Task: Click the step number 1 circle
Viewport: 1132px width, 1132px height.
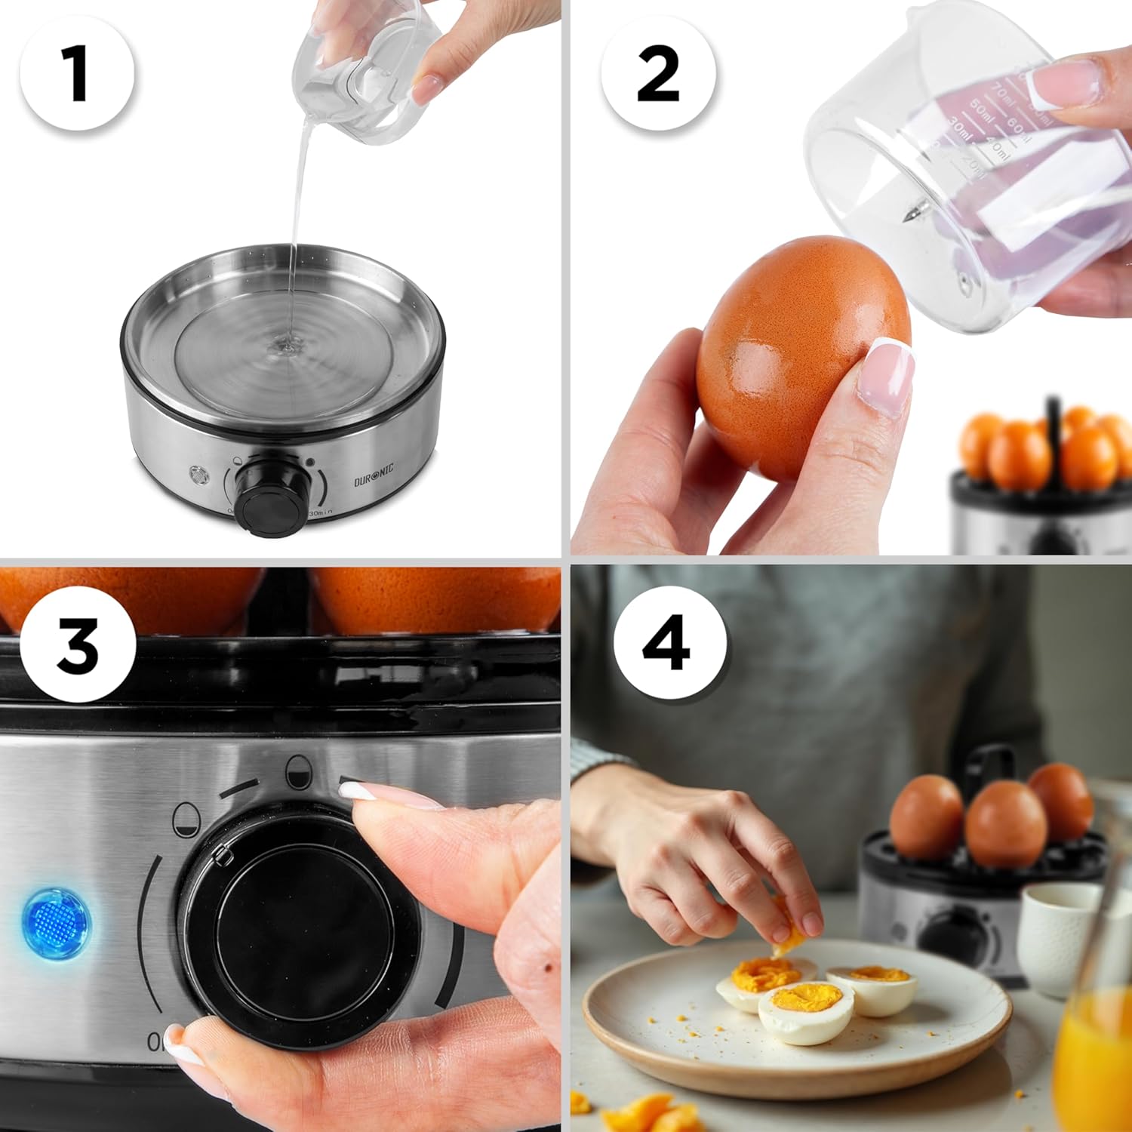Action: pyautogui.click(x=77, y=73)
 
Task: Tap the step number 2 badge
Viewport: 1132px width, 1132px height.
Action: pyautogui.click(x=658, y=73)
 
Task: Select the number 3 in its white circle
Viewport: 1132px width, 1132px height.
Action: pyautogui.click(x=77, y=645)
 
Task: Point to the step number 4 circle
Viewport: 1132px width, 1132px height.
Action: pyautogui.click(x=669, y=642)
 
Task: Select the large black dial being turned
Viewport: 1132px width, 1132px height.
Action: pyautogui.click(x=302, y=928)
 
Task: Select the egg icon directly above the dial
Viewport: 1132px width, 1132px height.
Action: pyautogui.click(x=298, y=769)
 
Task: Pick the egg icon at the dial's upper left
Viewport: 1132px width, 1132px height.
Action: pyautogui.click(x=184, y=818)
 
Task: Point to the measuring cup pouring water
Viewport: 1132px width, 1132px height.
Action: pyautogui.click(x=351, y=72)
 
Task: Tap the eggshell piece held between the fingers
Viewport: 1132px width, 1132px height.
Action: pyautogui.click(x=789, y=936)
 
